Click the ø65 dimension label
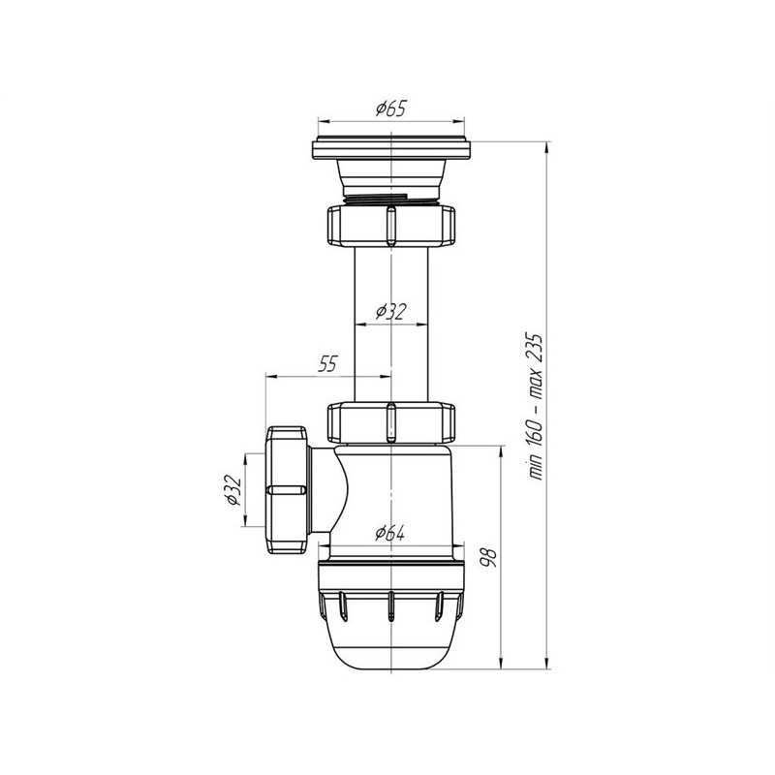(x=390, y=108)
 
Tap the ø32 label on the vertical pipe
(x=390, y=312)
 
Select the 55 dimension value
(x=327, y=364)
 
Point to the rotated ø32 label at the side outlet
(x=232, y=490)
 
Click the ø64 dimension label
(x=389, y=534)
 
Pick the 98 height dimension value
(x=488, y=556)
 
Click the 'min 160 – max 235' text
(x=536, y=407)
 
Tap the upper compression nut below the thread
(x=390, y=226)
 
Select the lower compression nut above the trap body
(x=390, y=422)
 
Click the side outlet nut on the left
(x=288, y=490)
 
